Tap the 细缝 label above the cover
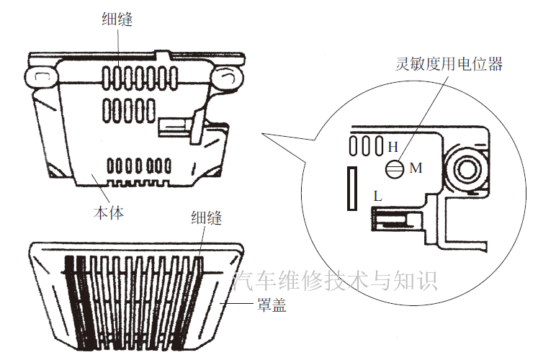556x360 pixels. pyautogui.click(x=206, y=219)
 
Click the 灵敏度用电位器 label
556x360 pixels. pyautogui.click(x=449, y=64)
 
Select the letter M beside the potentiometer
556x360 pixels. pyautogui.click(x=416, y=168)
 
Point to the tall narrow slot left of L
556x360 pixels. pyautogui.click(x=352, y=188)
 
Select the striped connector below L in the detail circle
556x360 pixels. pyautogui.click(x=393, y=216)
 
